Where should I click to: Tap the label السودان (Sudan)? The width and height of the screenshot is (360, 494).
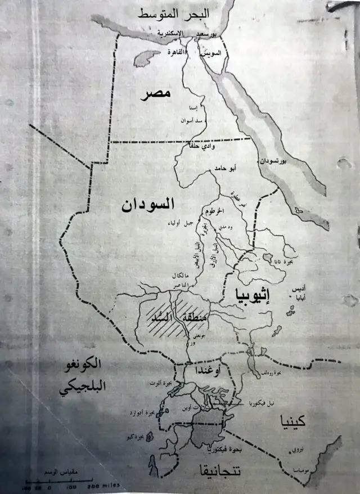pyautogui.click(x=148, y=205)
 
